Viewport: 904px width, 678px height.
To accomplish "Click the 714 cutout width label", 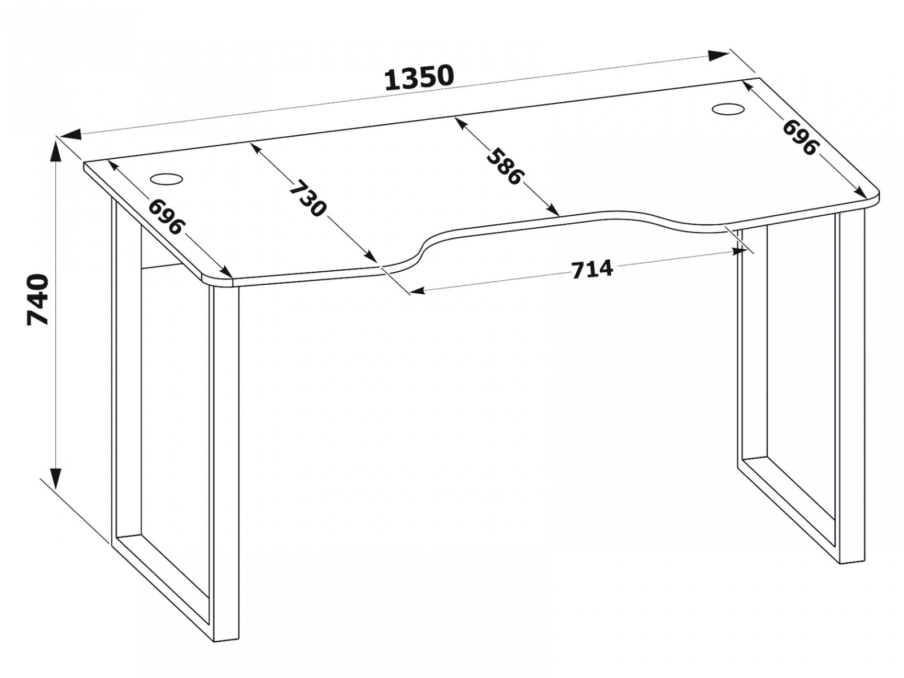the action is click(592, 270).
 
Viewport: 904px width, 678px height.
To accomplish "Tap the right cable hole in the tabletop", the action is click(728, 109).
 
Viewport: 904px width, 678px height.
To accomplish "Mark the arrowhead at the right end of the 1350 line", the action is click(719, 56).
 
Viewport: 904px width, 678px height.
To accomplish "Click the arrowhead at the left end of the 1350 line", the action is click(70, 134).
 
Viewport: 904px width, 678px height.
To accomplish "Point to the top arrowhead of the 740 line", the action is click(56, 151).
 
